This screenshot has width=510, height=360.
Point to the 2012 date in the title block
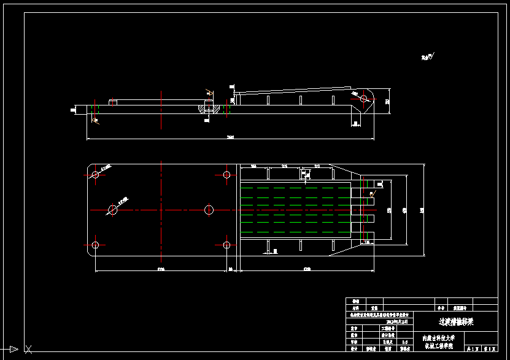[397, 321]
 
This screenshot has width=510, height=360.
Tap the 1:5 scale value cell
[404, 342]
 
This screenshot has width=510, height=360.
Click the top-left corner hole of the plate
[95, 175]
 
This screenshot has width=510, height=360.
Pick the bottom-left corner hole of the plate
[95, 245]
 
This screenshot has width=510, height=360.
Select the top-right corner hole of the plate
[226, 175]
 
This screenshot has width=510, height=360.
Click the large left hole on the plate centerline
[113, 210]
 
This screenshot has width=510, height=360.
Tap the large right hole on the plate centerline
[209, 210]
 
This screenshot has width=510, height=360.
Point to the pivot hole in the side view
[363, 99]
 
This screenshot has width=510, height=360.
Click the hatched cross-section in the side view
[209, 108]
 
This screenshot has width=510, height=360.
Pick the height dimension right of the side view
[387, 102]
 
